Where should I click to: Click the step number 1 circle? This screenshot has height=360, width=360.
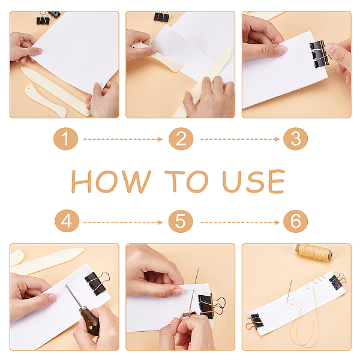point(65,139)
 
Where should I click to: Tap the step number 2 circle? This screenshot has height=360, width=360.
point(181,139)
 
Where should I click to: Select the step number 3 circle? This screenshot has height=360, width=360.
point(295,139)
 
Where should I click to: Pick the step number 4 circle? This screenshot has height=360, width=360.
point(67,221)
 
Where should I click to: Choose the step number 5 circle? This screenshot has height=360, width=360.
point(181,221)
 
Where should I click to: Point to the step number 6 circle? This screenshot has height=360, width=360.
point(295,221)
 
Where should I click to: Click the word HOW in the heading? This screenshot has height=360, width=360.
point(111,182)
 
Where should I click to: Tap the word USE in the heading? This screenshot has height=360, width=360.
point(253,181)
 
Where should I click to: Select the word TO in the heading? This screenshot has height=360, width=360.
point(187,181)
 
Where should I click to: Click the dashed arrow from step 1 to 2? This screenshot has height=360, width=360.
point(123,139)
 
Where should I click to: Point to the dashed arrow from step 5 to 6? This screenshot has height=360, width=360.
point(240,222)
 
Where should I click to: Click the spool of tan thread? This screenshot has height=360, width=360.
point(314,253)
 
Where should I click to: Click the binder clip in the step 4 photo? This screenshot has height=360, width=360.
point(97,283)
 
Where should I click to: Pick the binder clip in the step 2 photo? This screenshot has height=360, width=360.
point(161,17)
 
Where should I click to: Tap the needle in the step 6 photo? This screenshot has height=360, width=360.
point(289,291)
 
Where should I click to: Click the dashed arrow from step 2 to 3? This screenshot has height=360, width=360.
point(240,139)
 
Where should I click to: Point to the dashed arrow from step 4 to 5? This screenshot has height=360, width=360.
point(123,222)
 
